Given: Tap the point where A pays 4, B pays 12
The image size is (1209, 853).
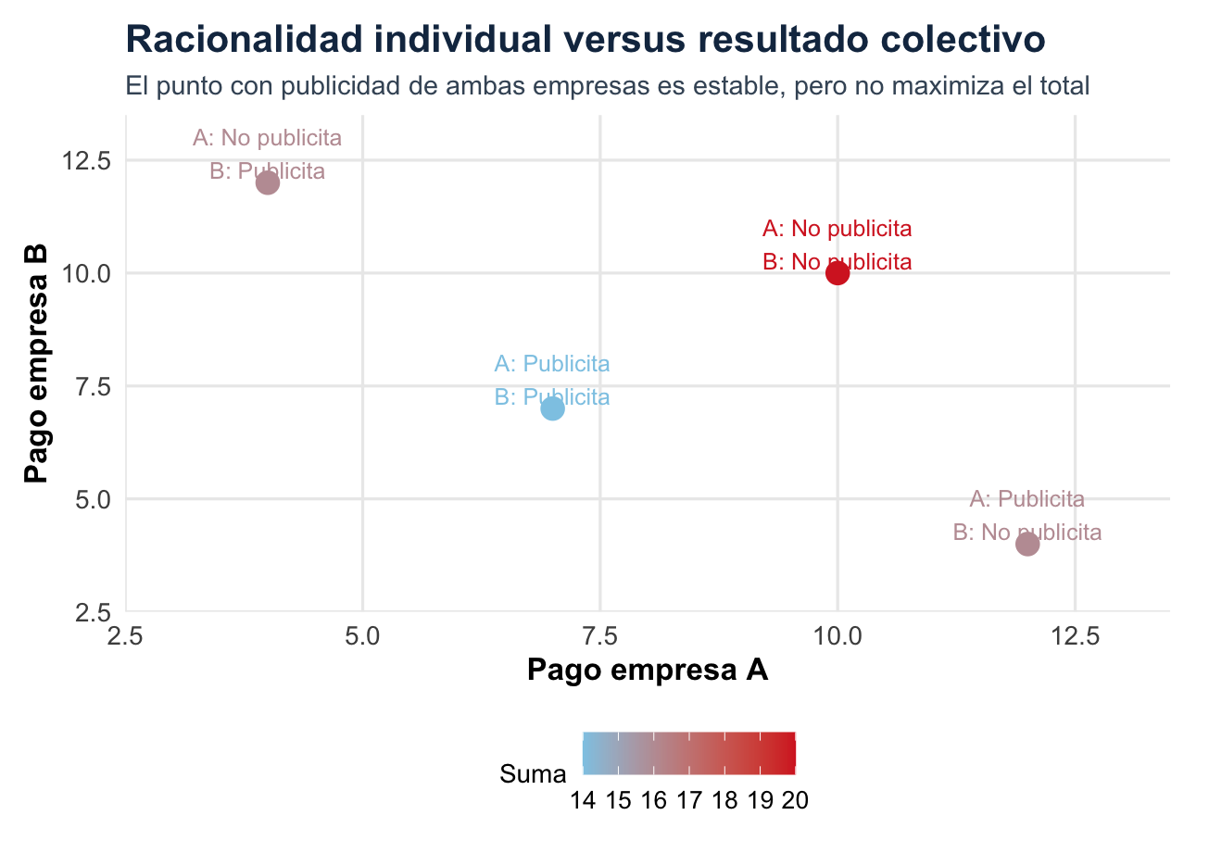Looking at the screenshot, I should (267, 182).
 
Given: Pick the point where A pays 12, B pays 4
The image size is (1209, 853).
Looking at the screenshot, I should (1027, 544).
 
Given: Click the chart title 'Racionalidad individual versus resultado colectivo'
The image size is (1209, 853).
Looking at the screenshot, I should (586, 40).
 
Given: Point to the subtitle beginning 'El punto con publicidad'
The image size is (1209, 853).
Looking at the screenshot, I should (607, 86).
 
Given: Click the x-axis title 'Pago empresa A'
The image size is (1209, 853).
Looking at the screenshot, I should (648, 670).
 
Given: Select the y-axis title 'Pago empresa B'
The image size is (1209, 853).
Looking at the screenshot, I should (36, 363).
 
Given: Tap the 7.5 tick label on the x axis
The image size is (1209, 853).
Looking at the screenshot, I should (600, 636).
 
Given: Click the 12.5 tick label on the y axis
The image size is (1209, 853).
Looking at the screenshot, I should (85, 161).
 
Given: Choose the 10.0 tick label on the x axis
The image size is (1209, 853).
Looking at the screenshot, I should (837, 636).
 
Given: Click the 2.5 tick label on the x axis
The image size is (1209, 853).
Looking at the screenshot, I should (125, 636).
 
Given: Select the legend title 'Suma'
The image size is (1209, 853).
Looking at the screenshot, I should (533, 774).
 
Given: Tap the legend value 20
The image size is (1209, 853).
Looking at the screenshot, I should (795, 801).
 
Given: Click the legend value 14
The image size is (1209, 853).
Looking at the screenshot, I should (584, 801).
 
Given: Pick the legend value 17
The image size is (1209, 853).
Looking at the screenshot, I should (689, 801).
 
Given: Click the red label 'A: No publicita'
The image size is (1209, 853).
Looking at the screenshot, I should (837, 229).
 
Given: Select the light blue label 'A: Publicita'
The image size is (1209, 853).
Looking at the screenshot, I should (552, 364).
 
